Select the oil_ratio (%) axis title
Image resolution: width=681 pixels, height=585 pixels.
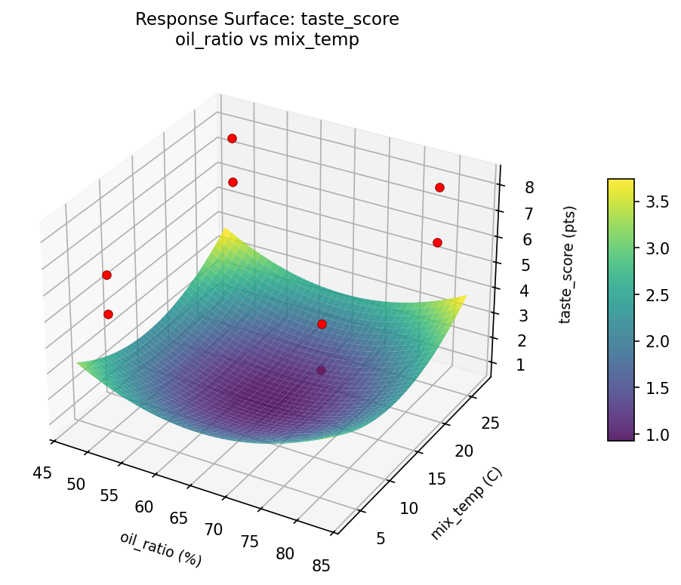(x=161, y=549)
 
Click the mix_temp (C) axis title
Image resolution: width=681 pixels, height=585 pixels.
(x=466, y=503)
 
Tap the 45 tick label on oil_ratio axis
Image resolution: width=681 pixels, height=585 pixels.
(x=43, y=473)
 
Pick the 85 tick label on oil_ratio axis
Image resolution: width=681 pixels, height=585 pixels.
(x=321, y=565)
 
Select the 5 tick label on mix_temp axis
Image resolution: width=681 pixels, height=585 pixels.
(x=381, y=538)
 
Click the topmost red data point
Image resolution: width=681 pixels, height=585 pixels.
(x=232, y=138)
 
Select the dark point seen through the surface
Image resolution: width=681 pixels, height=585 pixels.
(x=322, y=370)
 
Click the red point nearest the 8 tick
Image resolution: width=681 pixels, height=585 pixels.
(x=439, y=187)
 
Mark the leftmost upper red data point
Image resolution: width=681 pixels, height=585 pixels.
(x=106, y=275)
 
